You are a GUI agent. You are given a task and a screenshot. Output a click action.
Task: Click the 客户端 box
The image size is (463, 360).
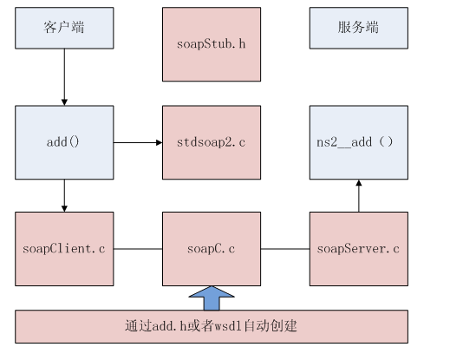[64, 27]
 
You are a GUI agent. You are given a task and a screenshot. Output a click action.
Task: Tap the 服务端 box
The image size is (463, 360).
[358, 27]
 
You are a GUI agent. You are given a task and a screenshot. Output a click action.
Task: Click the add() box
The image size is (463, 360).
[64, 141]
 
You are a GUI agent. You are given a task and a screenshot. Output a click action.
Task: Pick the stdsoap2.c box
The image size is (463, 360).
[212, 141]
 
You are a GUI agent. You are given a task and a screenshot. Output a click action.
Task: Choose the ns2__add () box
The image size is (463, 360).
[358, 141]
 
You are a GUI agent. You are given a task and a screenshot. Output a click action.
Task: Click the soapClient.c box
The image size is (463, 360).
[64, 249]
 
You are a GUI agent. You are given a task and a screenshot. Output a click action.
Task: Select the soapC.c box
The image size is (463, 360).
[212, 249]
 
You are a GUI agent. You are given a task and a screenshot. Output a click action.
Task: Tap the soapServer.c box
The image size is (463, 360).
[358, 249]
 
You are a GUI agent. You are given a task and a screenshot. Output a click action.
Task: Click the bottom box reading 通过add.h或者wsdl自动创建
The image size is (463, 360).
[212, 326]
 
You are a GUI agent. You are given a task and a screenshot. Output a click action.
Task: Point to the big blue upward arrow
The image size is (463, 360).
[212, 298]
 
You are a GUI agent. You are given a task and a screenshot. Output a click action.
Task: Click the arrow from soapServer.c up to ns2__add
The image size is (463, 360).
[358, 193]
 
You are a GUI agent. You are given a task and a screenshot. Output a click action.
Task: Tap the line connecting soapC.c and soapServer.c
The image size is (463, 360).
[285, 250]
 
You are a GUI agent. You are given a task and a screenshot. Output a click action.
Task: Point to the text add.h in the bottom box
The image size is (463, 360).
[164, 327]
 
